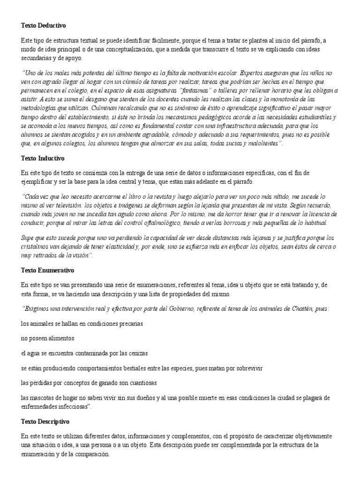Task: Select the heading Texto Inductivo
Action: click(x=45, y=158)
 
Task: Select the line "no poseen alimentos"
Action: click(x=48, y=338)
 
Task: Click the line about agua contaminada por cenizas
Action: click(x=84, y=353)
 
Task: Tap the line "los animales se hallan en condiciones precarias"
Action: click(x=82, y=323)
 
